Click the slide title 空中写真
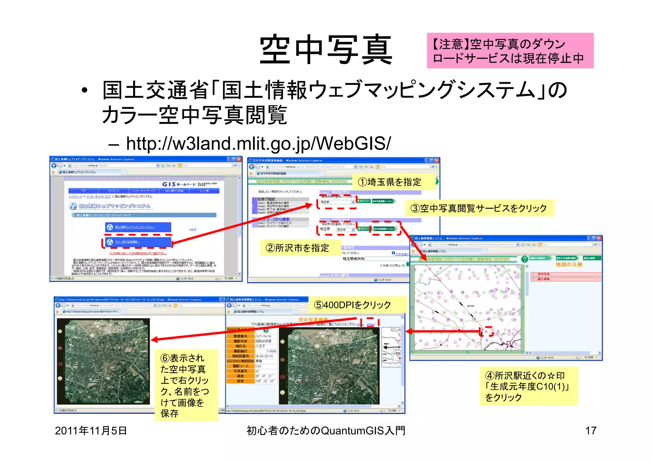pos(326,50)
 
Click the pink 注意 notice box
pos(510,51)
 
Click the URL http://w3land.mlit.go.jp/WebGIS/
pos(258,144)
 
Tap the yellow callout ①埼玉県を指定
pos(393,182)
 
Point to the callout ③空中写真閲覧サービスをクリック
pos(479,208)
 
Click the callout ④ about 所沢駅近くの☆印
pos(528,386)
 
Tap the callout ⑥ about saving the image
pos(186,385)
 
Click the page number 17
pos(591,431)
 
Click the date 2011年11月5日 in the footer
pos(91,431)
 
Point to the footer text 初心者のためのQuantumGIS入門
pos(326,431)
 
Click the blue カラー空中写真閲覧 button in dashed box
pos(138,242)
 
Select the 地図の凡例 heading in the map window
pos(569,265)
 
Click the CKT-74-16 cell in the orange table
pos(264,336)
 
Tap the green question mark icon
pos(524,259)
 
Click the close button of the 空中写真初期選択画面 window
pos(437,160)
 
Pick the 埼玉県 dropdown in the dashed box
pos(337,202)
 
